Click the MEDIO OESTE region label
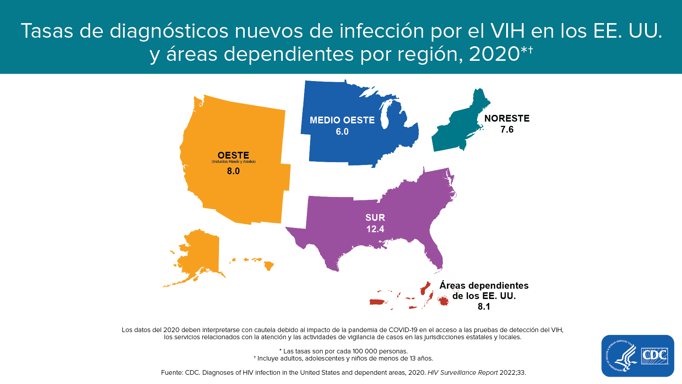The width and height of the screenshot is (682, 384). coord(342,120)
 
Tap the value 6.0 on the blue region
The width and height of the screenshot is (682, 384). coord(342,132)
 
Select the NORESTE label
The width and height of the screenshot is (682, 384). coord(507,118)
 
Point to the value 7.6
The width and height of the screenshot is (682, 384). coord(507,129)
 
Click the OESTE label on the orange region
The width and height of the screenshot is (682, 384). coord(233,155)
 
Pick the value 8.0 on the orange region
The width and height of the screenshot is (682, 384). coord(233,171)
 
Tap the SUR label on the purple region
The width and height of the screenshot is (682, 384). coord(375,218)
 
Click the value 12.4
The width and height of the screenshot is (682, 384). coord(375,229)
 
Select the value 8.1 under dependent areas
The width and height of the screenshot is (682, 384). coord(484,306)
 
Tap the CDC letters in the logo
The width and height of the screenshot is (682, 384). coord(655,356)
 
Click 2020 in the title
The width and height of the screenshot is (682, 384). coord(494,54)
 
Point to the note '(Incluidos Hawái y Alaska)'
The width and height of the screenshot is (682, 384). coord(233,162)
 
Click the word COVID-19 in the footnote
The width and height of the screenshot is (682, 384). coord(403,330)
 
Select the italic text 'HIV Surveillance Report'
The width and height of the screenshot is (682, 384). coord(462,373)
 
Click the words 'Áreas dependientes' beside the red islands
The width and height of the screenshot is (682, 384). coord(484,286)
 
